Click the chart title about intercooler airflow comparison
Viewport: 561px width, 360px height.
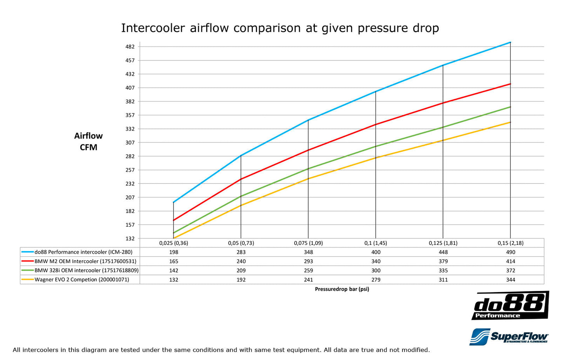pyautogui.click(x=280, y=28)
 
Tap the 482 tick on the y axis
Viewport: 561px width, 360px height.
pyautogui.click(x=130, y=47)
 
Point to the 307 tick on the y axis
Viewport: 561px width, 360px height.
pyautogui.click(x=130, y=142)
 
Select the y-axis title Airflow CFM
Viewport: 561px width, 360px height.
pyautogui.click(x=89, y=142)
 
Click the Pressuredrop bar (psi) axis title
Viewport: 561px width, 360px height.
pyautogui.click(x=342, y=289)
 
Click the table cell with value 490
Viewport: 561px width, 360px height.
pyautogui.click(x=511, y=252)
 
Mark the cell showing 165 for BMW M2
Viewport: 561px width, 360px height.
pyautogui.click(x=174, y=261)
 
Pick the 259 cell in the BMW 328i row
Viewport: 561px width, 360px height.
pyautogui.click(x=308, y=270)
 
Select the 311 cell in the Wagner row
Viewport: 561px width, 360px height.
pyautogui.click(x=443, y=280)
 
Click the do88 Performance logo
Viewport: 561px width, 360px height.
pyautogui.click(x=510, y=306)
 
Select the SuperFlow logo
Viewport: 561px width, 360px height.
pyautogui.click(x=509, y=336)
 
